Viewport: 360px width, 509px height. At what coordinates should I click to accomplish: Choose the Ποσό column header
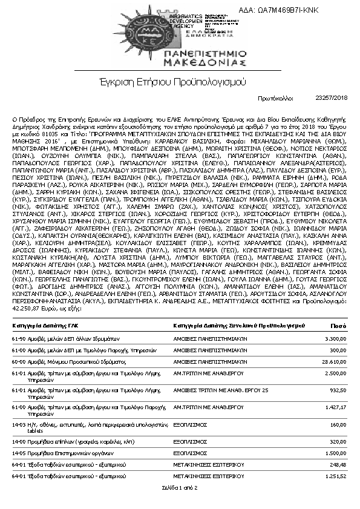click(x=338, y=325)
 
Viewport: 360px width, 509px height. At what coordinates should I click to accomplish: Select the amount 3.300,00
click(x=336, y=338)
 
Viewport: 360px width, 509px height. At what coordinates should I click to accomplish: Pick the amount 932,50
click(x=339, y=390)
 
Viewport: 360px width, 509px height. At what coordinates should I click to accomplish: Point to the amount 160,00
click(x=339, y=425)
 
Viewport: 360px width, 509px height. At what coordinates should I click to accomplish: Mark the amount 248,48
click(x=339, y=465)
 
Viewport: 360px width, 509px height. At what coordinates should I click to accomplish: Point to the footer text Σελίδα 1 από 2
click(x=180, y=487)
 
